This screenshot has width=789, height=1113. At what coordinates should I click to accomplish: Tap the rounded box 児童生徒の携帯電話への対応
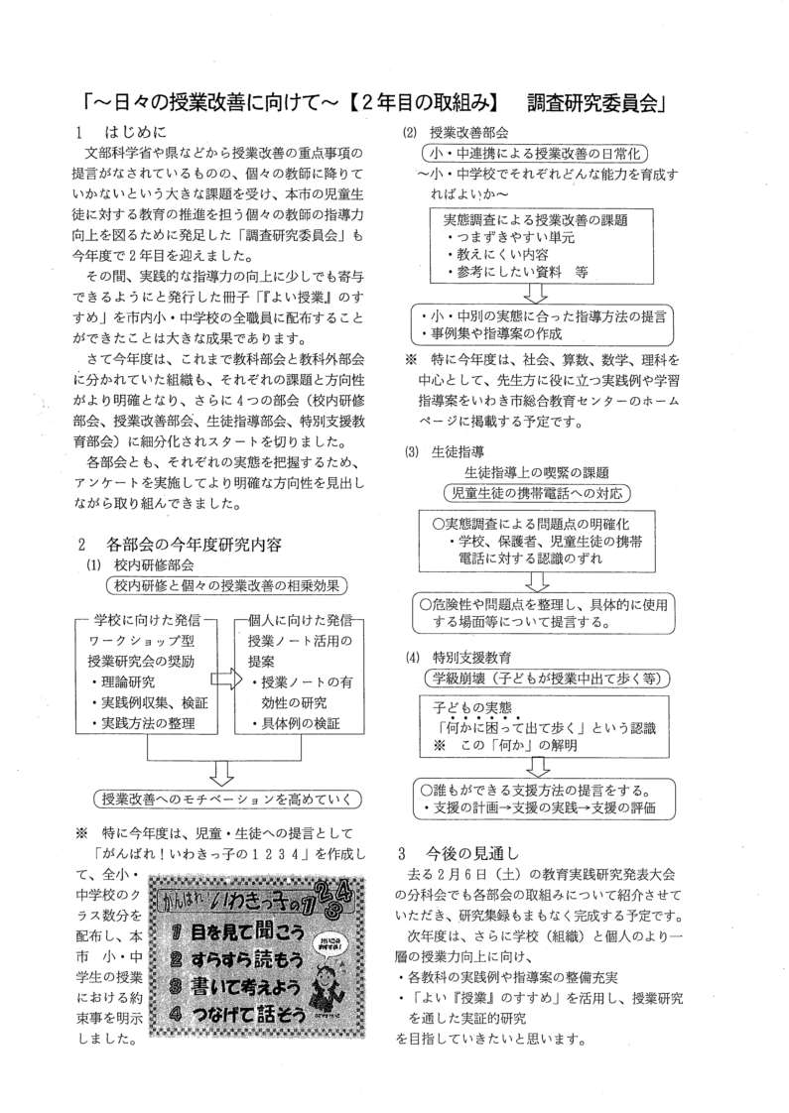[x=536, y=492]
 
